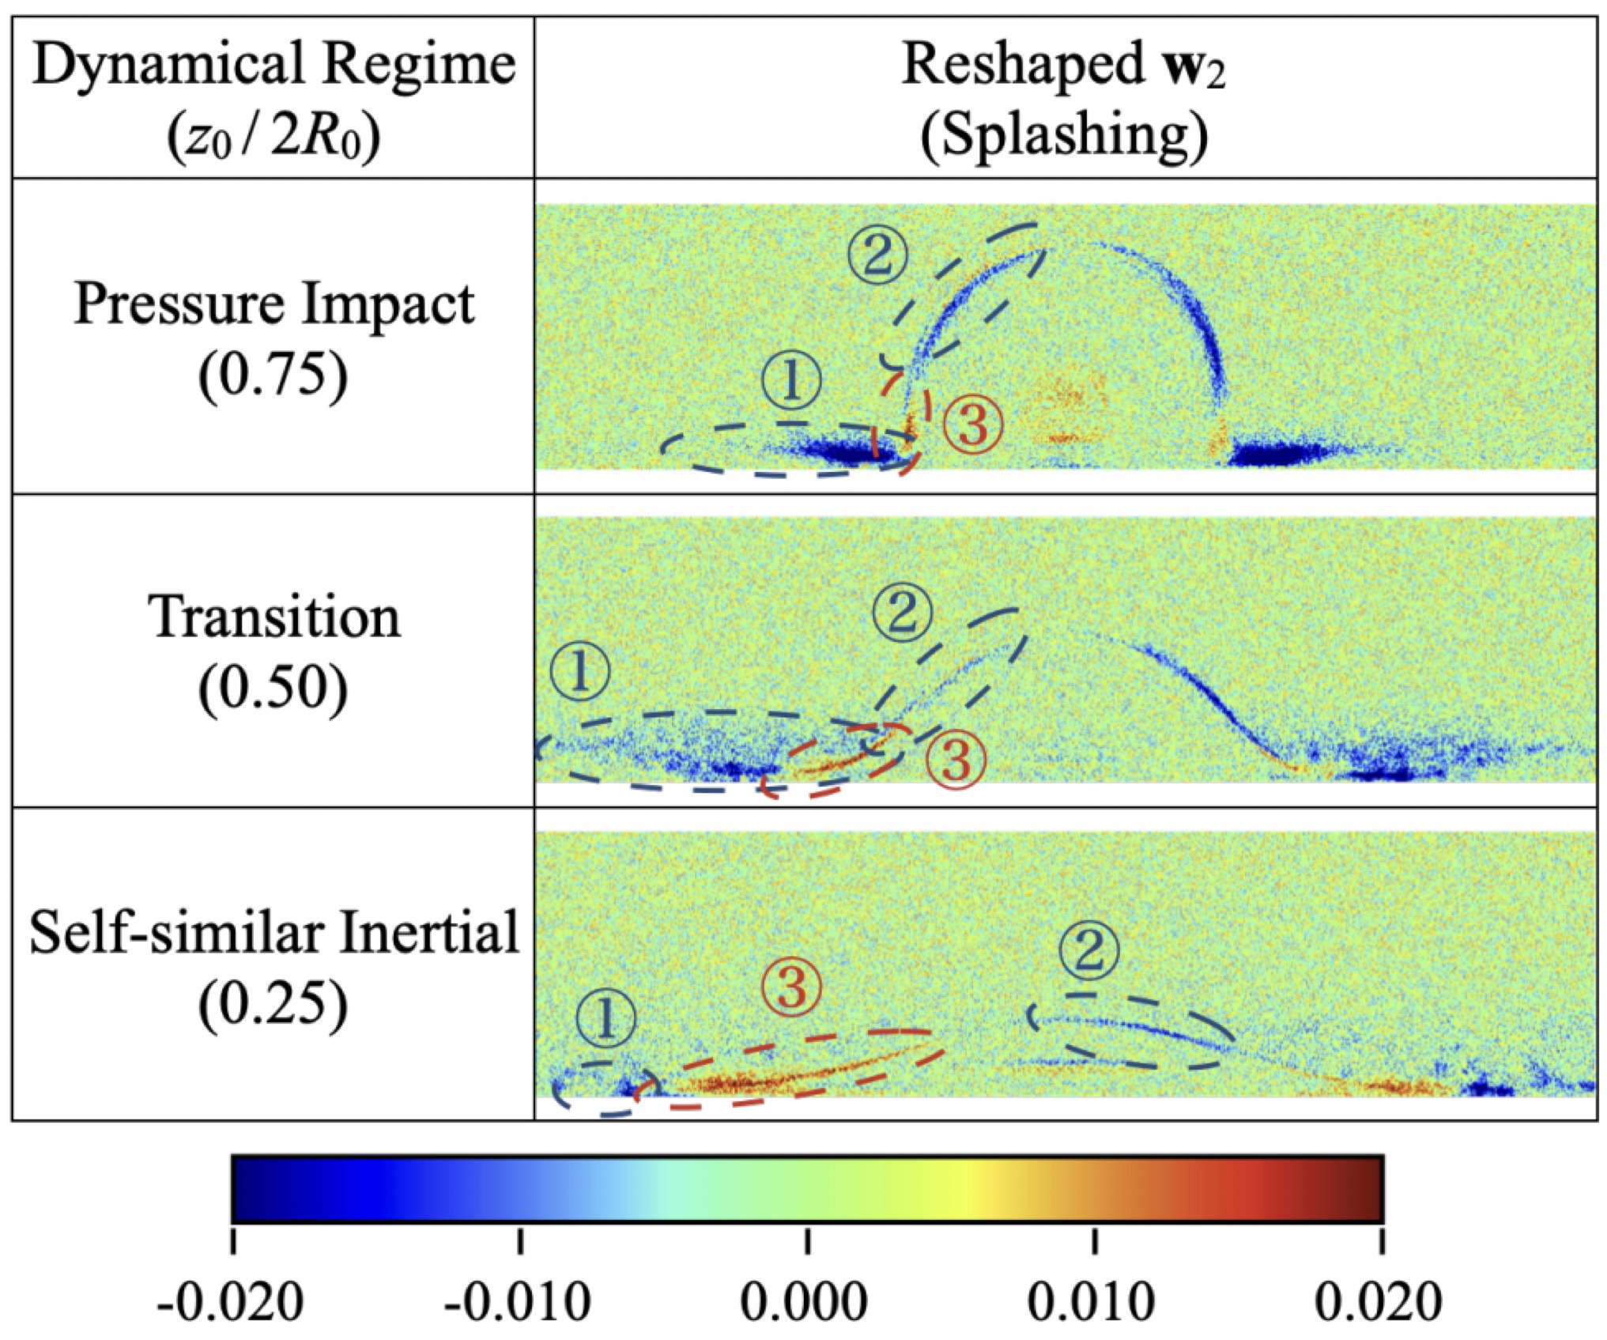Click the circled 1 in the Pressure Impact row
tap(791, 380)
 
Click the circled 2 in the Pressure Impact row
tap(877, 255)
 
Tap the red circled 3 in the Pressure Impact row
tap(973, 425)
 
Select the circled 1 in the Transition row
tap(580, 671)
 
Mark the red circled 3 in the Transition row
tap(956, 760)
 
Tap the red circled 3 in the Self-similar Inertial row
tap(791, 987)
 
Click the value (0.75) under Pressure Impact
tap(273, 375)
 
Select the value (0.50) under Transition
tap(273, 688)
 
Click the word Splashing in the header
tap(1064, 135)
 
